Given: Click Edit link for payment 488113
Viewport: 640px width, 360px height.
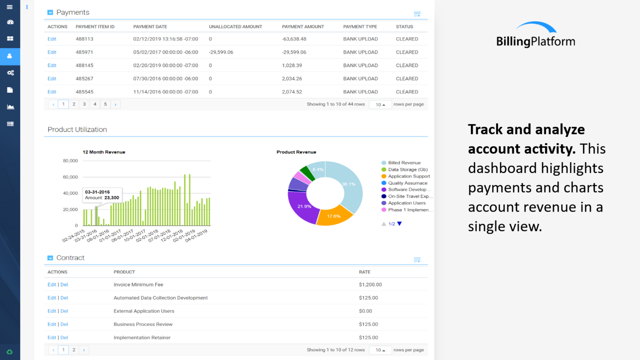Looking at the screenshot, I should pyautogui.click(x=52, y=39).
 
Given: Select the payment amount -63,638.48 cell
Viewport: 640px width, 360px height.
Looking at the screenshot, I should pyautogui.click(x=294, y=39).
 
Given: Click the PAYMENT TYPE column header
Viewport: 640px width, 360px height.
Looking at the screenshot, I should pyautogui.click(x=360, y=27).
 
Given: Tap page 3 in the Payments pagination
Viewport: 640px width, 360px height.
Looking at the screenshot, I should pyautogui.click(x=84, y=104).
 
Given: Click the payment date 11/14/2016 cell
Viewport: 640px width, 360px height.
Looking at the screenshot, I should pyautogui.click(x=166, y=92).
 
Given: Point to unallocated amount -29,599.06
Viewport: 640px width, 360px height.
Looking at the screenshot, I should pyautogui.click(x=221, y=52).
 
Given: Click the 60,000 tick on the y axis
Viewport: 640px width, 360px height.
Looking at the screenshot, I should pyautogui.click(x=70, y=177).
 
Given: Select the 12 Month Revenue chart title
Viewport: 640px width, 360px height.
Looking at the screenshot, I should pyautogui.click(x=104, y=152).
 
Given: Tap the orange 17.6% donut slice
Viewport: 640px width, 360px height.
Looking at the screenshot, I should pyautogui.click(x=333, y=217).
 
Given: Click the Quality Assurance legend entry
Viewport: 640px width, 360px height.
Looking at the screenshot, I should pyautogui.click(x=407, y=183).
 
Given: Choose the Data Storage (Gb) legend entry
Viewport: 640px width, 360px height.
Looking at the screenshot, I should pyautogui.click(x=407, y=170).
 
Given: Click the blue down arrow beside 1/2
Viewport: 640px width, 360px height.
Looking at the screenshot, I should pyautogui.click(x=400, y=224).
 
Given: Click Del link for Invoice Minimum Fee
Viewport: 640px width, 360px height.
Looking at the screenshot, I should pyautogui.click(x=64, y=285).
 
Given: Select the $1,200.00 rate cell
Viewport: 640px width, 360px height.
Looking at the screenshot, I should pyautogui.click(x=370, y=285).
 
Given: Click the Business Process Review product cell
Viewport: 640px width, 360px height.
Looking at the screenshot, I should pyautogui.click(x=143, y=325).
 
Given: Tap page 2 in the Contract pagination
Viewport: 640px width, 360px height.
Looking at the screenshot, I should pyautogui.click(x=74, y=350).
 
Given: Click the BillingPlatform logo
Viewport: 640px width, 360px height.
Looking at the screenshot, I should pyautogui.click(x=535, y=35).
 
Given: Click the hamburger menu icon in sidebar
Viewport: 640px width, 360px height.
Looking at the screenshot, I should pyautogui.click(x=10, y=7).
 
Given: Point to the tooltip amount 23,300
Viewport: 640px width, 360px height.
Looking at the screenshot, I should pyautogui.click(x=112, y=198).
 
